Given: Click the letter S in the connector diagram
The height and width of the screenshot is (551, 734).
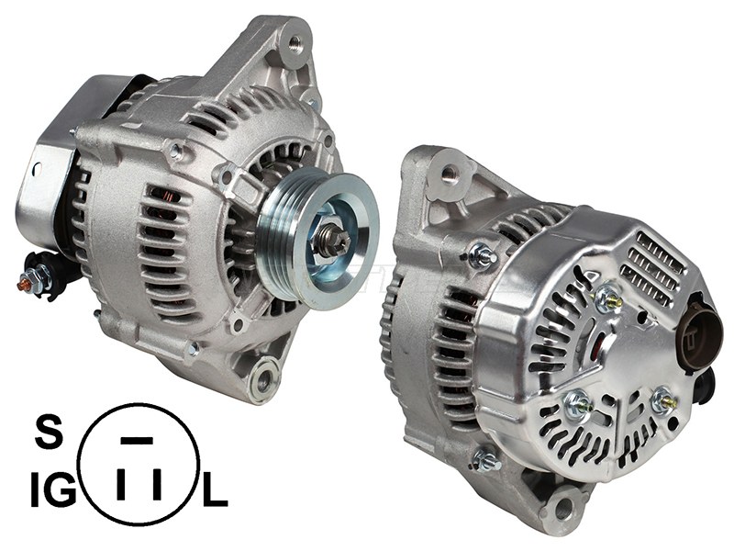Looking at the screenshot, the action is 49,433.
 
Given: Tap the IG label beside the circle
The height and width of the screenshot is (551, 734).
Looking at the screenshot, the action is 53,489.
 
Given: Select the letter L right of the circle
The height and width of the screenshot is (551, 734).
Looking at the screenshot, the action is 215,489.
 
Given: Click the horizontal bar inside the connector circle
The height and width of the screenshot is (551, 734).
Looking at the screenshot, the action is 137,441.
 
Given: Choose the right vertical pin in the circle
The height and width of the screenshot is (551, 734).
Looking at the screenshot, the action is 157,484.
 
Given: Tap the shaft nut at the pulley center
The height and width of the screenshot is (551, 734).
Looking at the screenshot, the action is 333,241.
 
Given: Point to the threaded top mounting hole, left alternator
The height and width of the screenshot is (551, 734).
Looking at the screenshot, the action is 295,43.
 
